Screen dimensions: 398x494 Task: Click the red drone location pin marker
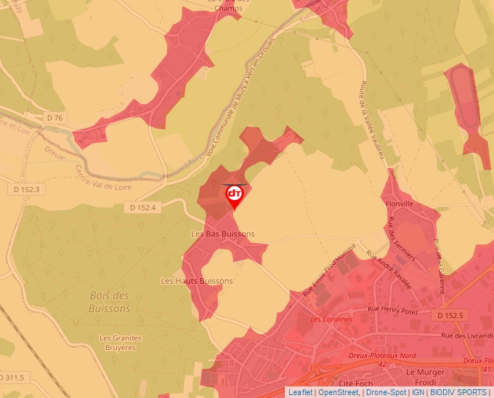tap(235, 196)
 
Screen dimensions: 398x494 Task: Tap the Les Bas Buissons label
tap(223, 234)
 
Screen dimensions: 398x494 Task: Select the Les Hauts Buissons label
tap(197, 281)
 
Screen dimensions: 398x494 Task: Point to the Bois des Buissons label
tap(110, 302)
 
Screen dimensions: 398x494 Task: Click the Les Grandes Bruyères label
tap(121, 342)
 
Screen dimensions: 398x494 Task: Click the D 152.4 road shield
tap(143, 207)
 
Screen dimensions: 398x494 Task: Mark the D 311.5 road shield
tap(13, 377)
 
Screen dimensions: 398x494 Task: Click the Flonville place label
tap(400, 204)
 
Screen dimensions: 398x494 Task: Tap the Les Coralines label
tap(331, 319)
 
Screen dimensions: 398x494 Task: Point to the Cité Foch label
tap(356, 382)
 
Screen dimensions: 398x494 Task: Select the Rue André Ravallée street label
tap(389, 271)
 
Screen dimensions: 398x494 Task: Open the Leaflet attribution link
tap(301, 392)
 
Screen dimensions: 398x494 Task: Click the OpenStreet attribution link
tap(339, 392)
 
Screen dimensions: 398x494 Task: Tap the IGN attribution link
tap(418, 392)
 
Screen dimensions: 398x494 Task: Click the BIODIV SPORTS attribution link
tap(458, 392)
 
